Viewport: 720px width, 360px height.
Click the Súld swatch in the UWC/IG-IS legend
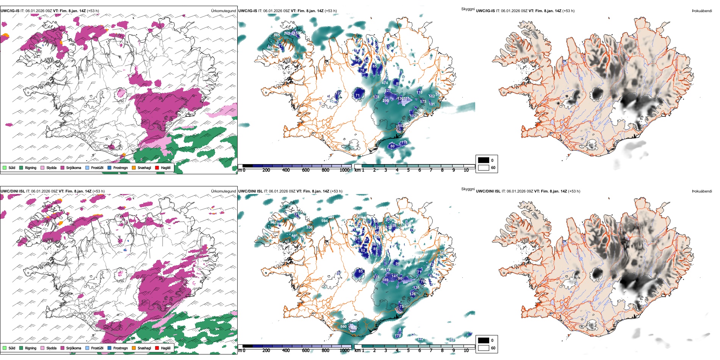[x=5, y=167]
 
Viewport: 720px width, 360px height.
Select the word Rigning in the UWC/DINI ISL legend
[x=31, y=348]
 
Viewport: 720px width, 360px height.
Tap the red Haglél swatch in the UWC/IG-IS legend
[x=157, y=167]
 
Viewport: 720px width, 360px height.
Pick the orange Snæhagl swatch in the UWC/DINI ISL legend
[x=134, y=348]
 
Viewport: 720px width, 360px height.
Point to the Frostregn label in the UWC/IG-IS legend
[x=120, y=167]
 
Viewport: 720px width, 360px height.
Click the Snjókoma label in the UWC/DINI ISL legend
[x=74, y=348]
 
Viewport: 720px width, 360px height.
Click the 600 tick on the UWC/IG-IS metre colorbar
[x=305, y=170]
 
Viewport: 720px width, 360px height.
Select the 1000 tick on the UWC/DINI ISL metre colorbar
[x=344, y=351]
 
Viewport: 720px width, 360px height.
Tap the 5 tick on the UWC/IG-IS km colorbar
[x=408, y=170]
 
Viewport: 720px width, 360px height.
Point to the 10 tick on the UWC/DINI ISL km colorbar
[x=466, y=351]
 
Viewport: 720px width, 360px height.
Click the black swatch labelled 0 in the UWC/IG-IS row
[x=484, y=160]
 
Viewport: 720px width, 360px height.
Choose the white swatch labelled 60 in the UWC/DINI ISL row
[x=484, y=348]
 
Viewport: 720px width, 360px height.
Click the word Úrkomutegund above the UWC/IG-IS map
[x=223, y=11]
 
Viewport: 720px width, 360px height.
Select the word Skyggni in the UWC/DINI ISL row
[x=468, y=189]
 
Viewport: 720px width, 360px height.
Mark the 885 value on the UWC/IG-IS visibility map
[x=277, y=35]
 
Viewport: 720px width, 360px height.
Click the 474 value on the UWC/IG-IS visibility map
[x=385, y=83]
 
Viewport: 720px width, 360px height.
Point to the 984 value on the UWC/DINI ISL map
[x=324, y=221]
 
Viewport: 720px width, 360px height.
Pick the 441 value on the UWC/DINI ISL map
[x=294, y=236]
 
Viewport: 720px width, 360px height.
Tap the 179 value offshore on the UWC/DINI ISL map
[x=398, y=336]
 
